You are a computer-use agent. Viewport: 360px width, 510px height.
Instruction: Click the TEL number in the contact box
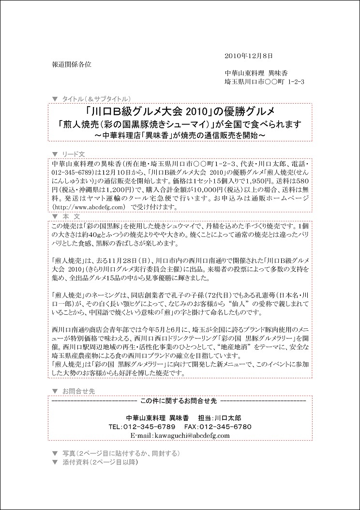coord(142,427)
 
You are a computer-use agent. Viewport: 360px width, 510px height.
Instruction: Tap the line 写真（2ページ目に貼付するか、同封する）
coord(121,453)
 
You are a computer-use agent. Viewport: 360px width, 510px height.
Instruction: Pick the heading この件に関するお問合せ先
coord(179,401)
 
